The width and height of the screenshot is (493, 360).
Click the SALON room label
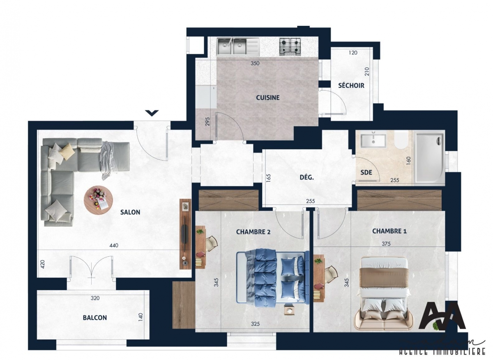pos(130,212)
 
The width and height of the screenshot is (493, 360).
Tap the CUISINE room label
pos(267,98)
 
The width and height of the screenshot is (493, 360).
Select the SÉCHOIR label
pos(351,85)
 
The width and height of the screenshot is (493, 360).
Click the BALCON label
pos(94,318)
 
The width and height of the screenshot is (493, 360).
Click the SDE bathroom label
pos(366,173)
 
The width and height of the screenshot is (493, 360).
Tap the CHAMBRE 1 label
pos(389,231)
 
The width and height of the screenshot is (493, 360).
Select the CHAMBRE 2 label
pos(253,232)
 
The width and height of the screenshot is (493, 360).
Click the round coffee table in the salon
pos(97,199)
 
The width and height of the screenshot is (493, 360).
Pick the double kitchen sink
pos(231,46)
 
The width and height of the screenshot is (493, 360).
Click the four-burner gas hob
pos(290,46)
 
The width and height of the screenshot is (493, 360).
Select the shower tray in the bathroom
pos(429,157)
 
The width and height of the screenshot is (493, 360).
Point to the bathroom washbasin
pos(373,140)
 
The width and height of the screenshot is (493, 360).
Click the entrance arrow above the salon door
pos(152,113)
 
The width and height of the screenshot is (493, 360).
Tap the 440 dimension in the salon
pos(114,246)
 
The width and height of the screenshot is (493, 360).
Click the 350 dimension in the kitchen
pos(255,64)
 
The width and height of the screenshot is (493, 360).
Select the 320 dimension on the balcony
pos(95,298)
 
